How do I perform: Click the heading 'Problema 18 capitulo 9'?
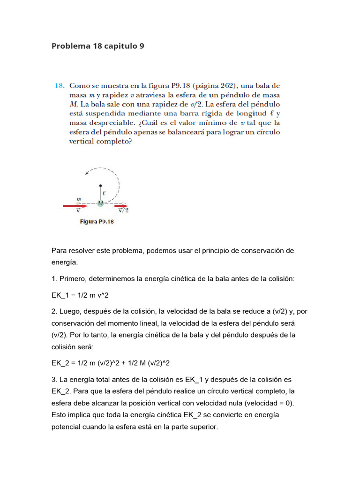[x=97, y=46]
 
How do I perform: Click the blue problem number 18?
[x=59, y=86]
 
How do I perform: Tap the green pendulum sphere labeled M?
[x=100, y=203]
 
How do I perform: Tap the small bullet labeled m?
[x=78, y=202]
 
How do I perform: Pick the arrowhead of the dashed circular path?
[x=87, y=173]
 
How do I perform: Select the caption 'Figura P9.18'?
[x=96, y=222]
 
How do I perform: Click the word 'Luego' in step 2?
[x=70, y=311]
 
